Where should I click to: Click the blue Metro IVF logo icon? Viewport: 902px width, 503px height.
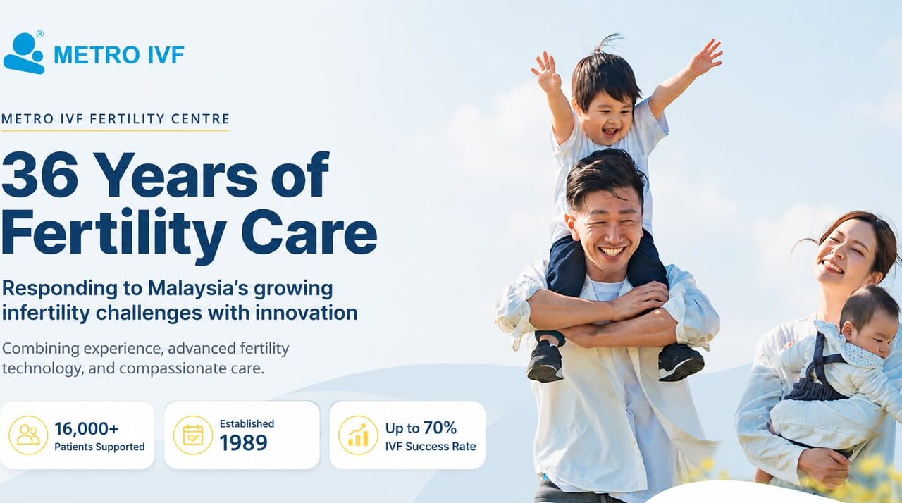pyautogui.click(x=23, y=53)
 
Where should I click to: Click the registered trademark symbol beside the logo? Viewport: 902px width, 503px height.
pyautogui.click(x=40, y=34)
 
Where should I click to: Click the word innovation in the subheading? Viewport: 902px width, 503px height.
pyautogui.click(x=307, y=313)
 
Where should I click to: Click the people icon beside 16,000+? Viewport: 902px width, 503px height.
pyautogui.click(x=28, y=435)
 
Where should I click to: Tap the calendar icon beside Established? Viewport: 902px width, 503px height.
pyautogui.click(x=193, y=435)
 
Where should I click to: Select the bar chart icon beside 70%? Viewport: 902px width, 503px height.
pyautogui.click(x=358, y=435)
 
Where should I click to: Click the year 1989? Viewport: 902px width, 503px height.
pyautogui.click(x=243, y=442)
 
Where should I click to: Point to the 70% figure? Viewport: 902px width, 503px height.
pyautogui.click(x=439, y=428)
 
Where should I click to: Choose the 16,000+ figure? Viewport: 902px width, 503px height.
pyautogui.click(x=87, y=428)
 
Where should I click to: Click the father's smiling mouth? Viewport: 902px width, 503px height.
pyautogui.click(x=611, y=252)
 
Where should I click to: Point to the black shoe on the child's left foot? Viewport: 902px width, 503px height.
pyautogui.click(x=545, y=361)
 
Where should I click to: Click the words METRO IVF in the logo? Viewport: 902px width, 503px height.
pyautogui.click(x=119, y=55)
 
